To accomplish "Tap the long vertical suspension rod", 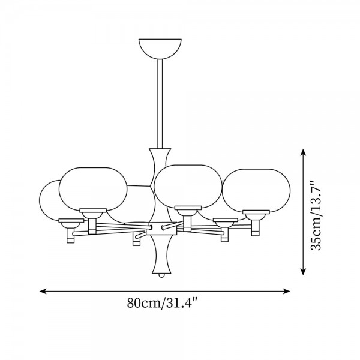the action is (160, 104).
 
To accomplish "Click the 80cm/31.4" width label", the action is (163, 303).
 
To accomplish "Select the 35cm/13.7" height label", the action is (316, 215).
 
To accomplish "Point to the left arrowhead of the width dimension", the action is (43, 292).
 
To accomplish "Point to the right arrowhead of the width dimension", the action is (287, 292).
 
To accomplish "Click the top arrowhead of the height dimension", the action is (303, 152).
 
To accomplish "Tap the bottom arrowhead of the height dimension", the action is (303, 272).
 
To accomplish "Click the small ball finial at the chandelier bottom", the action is (161, 275).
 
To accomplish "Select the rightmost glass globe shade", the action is (256, 190).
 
